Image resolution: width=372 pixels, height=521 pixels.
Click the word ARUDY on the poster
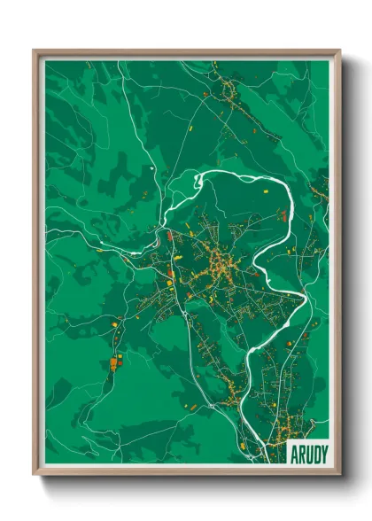pyautogui.click(x=307, y=453)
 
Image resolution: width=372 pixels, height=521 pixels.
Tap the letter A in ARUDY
pyautogui.click(x=294, y=453)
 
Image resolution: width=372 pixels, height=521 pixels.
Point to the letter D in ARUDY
pyautogui.click(x=314, y=453)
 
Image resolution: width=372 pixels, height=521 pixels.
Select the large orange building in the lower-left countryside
pyautogui.click(x=114, y=361)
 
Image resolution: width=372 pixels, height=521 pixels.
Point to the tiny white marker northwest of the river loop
pyautogui.click(x=153, y=166)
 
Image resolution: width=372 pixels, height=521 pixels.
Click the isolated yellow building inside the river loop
pyautogui.click(x=264, y=190)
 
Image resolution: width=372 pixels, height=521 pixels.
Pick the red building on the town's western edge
pyautogui.click(x=169, y=238)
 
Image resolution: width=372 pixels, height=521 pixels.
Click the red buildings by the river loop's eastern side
pyautogui.click(x=284, y=214)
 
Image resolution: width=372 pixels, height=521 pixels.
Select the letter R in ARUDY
pyautogui.click(x=300, y=453)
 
